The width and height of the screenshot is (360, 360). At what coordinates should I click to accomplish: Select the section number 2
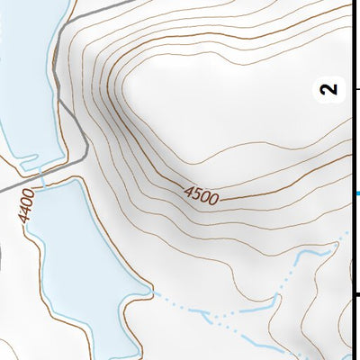pos(330,88)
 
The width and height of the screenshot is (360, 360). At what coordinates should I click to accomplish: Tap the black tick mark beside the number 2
pos(355,88)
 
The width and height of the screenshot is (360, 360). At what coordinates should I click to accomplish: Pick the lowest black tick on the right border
pos(355,293)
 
